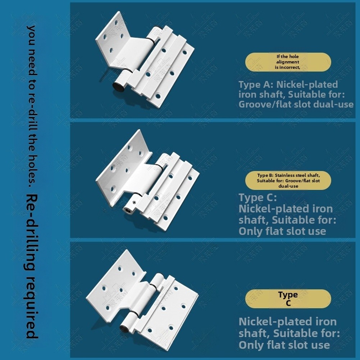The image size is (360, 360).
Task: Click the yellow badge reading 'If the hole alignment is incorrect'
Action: coord(288,62)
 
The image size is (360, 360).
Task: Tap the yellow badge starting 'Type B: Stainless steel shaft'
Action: coord(288,181)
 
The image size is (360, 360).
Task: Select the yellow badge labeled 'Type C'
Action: coord(288,299)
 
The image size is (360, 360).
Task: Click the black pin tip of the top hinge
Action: coord(118,87)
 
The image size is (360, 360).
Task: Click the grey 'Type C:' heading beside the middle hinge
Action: coord(258,198)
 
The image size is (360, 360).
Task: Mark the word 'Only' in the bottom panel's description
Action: coord(250,345)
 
